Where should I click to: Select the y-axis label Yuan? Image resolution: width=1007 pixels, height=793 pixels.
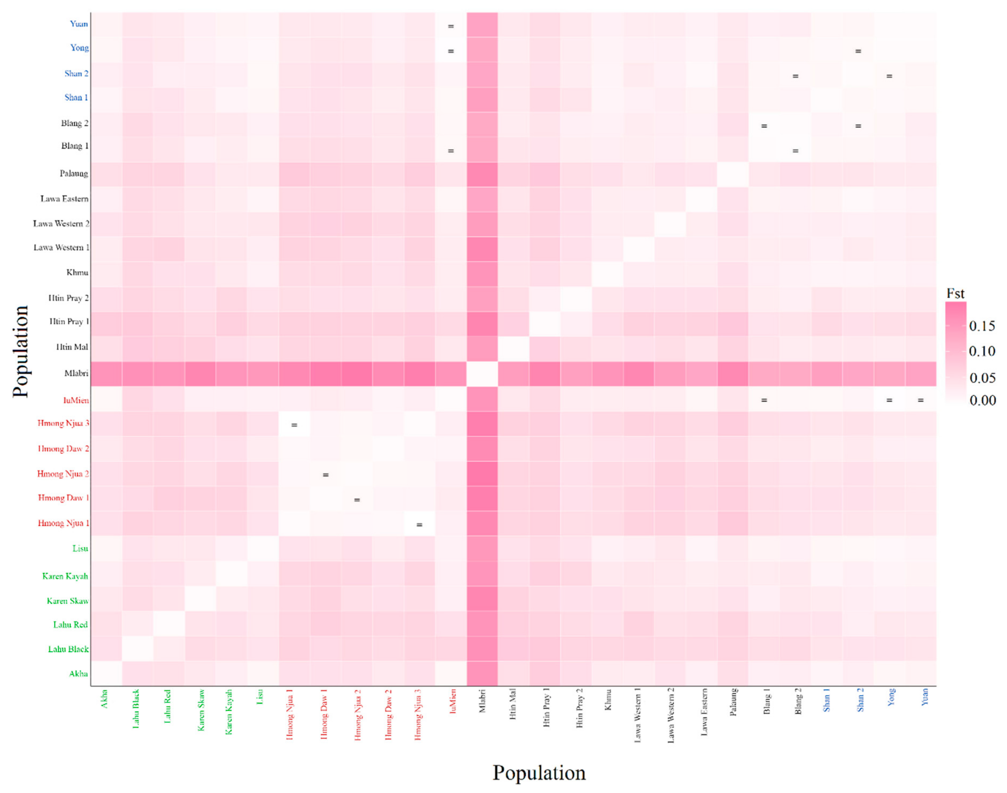click(79, 24)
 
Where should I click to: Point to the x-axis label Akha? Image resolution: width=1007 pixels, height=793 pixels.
click(105, 698)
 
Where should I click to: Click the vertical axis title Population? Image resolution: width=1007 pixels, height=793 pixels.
click(20, 351)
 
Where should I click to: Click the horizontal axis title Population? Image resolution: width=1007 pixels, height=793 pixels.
click(538, 773)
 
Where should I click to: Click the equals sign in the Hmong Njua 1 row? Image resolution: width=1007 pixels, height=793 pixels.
click(419, 525)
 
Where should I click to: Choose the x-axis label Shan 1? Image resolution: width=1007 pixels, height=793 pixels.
click(826, 700)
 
